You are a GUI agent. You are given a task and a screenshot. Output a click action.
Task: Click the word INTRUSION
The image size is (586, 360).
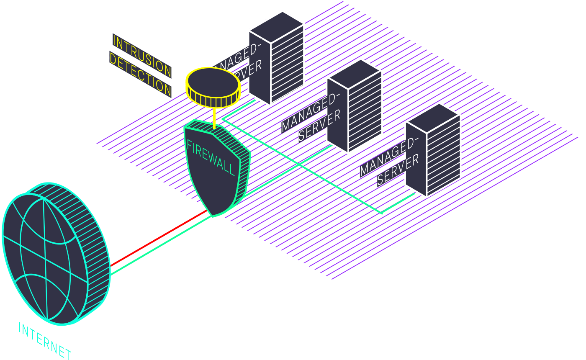click(142, 56)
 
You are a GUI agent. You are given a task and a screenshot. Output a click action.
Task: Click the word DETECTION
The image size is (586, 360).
click(140, 74)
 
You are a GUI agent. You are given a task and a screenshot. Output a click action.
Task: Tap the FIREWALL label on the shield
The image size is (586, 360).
click(211, 158)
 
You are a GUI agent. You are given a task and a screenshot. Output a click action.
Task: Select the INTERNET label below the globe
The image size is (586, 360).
click(45, 341)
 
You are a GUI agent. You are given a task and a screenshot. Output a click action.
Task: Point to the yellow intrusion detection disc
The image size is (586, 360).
click(213, 87)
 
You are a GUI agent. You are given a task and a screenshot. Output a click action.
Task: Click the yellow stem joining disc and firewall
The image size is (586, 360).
click(214, 118)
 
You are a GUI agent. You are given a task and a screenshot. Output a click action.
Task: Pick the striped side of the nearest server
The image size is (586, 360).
click(443, 155)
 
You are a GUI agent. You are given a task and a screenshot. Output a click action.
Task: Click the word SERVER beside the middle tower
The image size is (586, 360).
click(319, 125)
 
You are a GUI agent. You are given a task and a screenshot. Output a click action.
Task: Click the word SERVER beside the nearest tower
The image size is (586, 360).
click(398, 170)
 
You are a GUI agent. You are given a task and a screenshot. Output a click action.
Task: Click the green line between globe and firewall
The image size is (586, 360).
click(161, 245)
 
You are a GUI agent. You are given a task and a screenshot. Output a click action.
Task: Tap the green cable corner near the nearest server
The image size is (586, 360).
click(382, 213)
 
